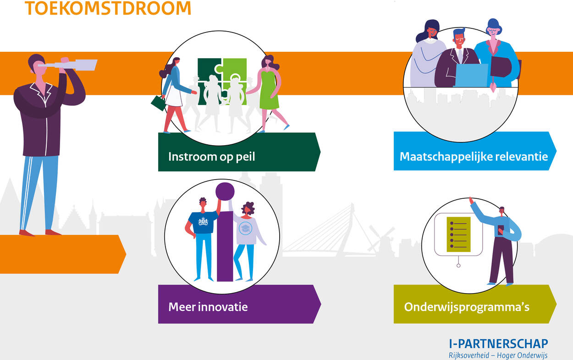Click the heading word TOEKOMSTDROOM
[x=108, y=8]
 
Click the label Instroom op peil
[x=211, y=157]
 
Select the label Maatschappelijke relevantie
[x=474, y=157]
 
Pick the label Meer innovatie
[x=208, y=307]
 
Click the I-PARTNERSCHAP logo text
[x=498, y=344]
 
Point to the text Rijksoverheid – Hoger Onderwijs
[x=498, y=355]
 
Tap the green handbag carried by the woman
[x=158, y=103]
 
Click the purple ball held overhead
[x=225, y=191]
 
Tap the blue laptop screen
[x=471, y=75]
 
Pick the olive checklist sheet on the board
[x=459, y=235]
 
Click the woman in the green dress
[x=270, y=93]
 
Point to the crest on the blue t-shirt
[x=204, y=221]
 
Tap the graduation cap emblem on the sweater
[x=245, y=228]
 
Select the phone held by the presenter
[x=501, y=230]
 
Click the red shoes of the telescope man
[x=39, y=233]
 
